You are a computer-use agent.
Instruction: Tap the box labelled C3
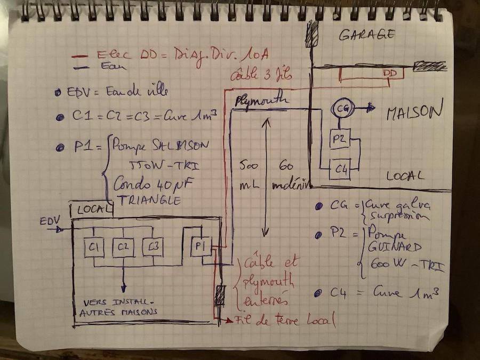(153, 247)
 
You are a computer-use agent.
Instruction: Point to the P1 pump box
(201, 246)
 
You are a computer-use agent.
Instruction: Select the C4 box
(340, 170)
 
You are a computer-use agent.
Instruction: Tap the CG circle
(341, 108)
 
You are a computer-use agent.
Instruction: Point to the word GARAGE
(367, 35)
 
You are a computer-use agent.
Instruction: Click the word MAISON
(414, 112)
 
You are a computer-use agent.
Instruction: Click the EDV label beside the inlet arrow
(51, 220)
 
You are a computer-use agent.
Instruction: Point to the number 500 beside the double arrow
(246, 165)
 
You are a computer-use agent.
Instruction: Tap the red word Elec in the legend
(111, 54)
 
